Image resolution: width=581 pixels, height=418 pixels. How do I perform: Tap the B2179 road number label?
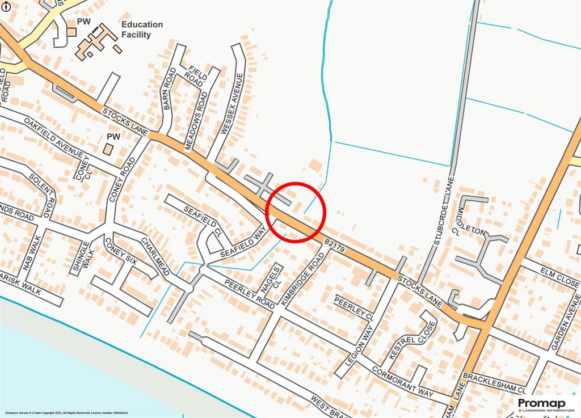pyautogui.click(x=335, y=243)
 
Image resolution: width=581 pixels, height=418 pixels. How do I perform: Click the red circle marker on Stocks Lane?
pyautogui.click(x=295, y=213)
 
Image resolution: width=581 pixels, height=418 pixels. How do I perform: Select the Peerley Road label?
pyautogui.click(x=249, y=290)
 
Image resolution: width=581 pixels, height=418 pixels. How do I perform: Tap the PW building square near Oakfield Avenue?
pyautogui.click(x=108, y=149)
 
